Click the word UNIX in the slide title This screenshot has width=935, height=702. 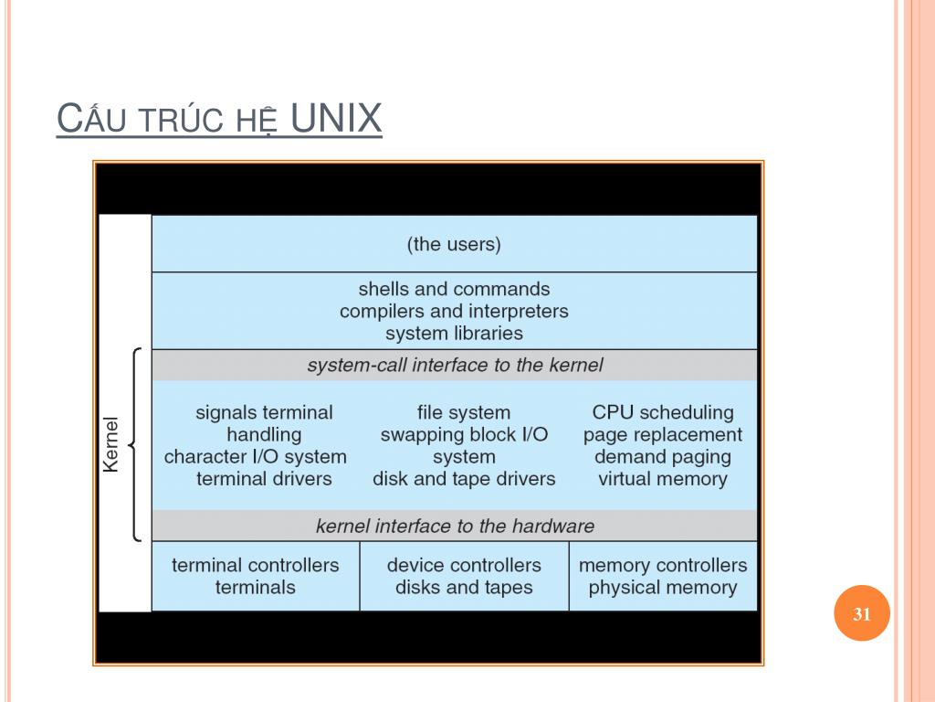point(335,120)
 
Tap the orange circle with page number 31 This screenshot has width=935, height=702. point(861,614)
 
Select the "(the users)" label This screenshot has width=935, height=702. point(454,244)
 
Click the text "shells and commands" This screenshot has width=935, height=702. point(454,289)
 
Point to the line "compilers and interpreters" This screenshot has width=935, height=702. point(454,311)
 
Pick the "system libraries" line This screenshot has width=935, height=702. point(454,334)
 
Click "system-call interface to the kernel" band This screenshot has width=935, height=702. point(455,366)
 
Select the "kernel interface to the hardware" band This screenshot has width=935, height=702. point(455,526)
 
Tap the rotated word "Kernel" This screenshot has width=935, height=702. point(111,444)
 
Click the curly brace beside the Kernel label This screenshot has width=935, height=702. point(135,444)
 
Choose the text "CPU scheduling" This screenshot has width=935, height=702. point(663,412)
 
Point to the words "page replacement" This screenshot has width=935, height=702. point(663,434)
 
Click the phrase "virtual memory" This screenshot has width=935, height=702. point(663,478)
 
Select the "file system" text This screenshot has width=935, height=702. point(464,412)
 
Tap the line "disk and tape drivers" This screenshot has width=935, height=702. point(464,478)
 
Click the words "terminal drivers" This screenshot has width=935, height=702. point(264,478)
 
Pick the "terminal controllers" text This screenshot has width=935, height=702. point(256,565)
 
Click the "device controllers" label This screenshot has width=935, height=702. point(464,565)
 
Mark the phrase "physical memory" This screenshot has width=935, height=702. point(663,587)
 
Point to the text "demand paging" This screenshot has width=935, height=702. point(663,456)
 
